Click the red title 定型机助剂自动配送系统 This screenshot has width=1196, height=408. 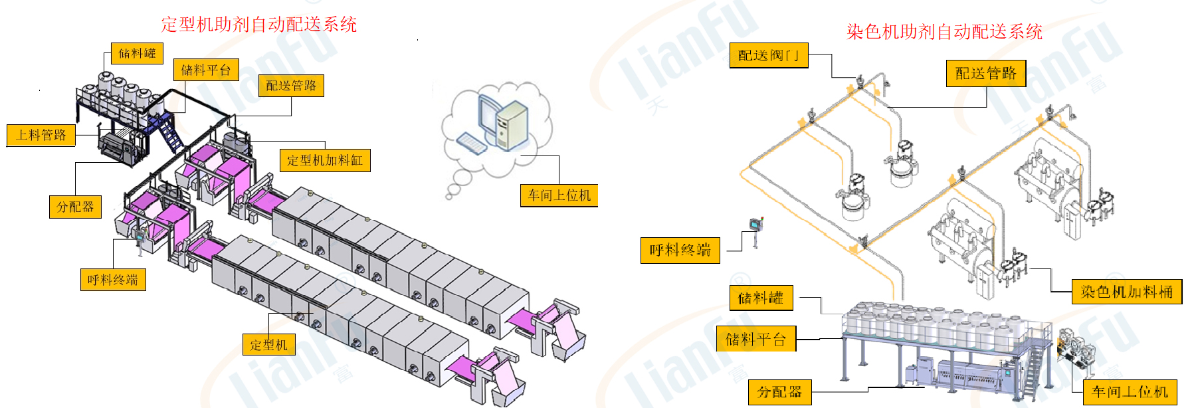point(258,25)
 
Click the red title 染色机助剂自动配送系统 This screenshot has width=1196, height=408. point(944,31)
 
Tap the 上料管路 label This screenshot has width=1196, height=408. point(41,135)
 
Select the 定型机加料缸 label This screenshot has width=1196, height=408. point(325,160)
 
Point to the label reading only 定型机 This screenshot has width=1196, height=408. point(268,345)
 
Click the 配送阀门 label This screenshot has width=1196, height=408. point(769,55)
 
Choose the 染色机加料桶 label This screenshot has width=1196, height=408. point(1127,292)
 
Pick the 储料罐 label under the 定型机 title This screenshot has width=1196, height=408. point(137,53)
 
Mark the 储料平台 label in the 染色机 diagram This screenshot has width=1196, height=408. point(756,340)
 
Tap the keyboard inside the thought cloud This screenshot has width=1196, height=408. point(471,143)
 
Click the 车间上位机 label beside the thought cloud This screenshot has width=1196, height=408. point(559,195)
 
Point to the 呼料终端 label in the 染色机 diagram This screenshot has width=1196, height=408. point(680,250)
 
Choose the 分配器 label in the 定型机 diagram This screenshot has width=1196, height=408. point(75,207)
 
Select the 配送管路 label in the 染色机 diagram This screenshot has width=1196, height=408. point(986,73)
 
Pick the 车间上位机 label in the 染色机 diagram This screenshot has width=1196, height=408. point(1130,392)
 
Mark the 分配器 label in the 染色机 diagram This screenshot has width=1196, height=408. point(779,392)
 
